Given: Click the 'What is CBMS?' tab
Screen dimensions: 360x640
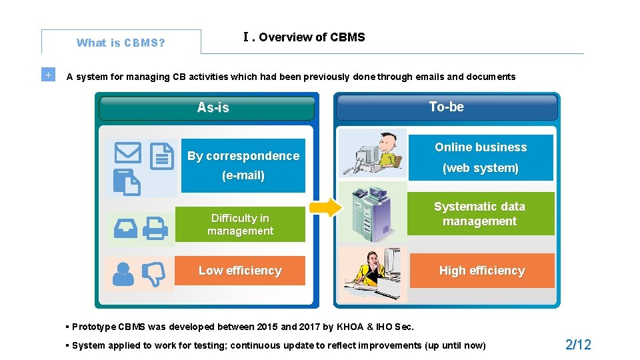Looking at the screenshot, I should [x=121, y=43].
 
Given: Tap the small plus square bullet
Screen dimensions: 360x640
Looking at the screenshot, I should [x=47, y=75].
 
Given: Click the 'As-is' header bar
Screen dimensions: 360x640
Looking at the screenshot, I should [x=207, y=107].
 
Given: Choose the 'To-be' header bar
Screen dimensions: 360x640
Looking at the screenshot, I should [x=446, y=107].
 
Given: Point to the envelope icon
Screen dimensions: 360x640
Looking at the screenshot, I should [x=127, y=153].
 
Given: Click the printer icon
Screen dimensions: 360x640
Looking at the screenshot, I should [x=156, y=229].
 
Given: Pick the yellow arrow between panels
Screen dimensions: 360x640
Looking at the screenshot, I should [x=326, y=208].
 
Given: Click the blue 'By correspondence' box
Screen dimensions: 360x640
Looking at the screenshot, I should [x=243, y=165].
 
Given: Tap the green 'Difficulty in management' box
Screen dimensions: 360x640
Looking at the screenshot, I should [x=240, y=225].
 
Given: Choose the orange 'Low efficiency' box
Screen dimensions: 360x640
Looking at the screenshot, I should [x=240, y=271].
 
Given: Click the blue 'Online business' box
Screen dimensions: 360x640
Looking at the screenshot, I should [x=481, y=157].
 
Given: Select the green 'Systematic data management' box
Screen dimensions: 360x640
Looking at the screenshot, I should [x=480, y=214].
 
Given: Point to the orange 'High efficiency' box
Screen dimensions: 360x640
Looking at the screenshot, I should [x=481, y=271].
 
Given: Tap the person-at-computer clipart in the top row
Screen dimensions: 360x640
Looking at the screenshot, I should [x=372, y=154].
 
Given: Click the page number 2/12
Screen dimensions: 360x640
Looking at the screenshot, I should [x=578, y=345].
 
